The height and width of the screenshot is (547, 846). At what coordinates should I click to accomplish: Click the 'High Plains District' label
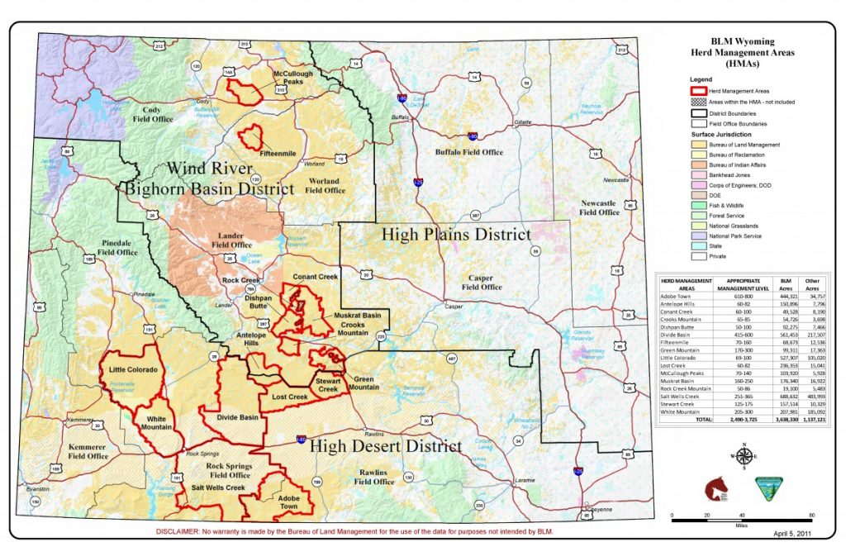456,235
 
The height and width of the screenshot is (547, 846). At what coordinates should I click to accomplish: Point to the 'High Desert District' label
385,446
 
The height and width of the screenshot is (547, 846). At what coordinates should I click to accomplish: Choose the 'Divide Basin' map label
238,418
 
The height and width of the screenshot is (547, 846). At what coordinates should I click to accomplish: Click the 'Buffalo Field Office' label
469,152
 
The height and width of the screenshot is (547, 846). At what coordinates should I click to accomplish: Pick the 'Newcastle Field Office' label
599,207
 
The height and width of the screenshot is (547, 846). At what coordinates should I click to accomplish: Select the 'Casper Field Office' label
482,283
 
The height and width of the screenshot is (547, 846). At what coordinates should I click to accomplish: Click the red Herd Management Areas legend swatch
698,91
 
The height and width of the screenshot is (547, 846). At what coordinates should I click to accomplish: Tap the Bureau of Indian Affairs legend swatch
698,165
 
